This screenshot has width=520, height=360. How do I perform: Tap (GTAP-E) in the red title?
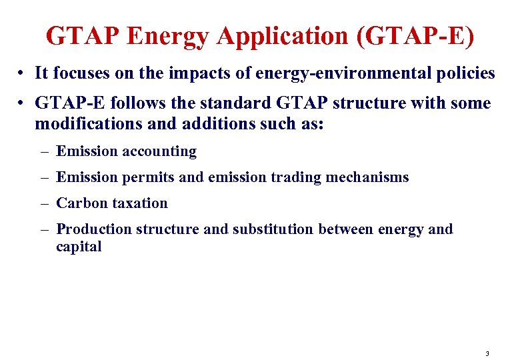[416, 36]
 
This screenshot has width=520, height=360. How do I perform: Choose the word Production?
[94, 229]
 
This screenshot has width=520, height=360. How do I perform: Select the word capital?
[79, 247]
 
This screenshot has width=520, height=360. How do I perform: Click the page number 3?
[487, 353]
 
